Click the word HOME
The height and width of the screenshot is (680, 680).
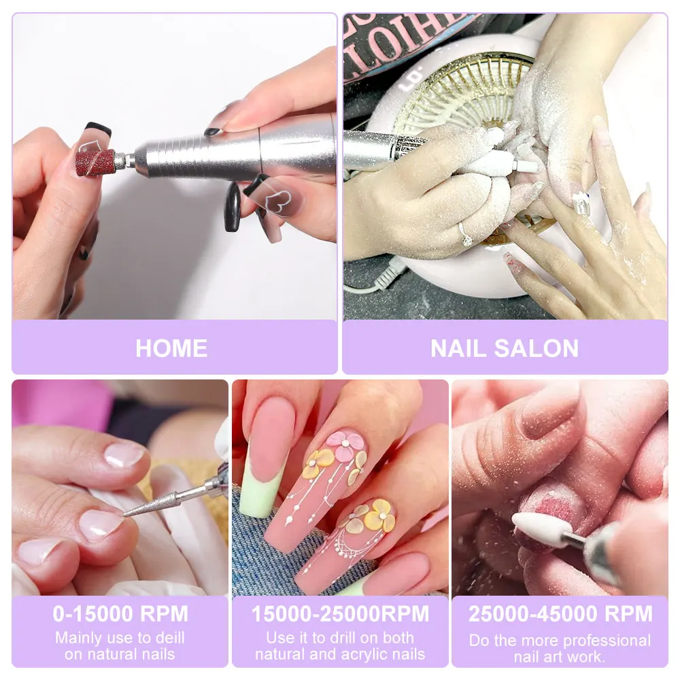(x=171, y=348)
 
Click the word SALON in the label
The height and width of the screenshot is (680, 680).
(x=541, y=348)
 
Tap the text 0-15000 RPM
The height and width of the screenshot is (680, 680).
(x=120, y=613)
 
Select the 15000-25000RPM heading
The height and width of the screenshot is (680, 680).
(x=340, y=613)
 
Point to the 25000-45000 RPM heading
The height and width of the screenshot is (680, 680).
(x=560, y=613)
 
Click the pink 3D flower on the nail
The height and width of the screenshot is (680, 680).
(x=345, y=446)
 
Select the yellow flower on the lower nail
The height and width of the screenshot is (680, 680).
(x=379, y=515)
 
